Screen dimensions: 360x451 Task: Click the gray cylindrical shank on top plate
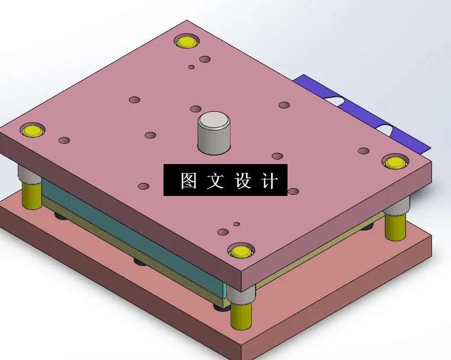pos(215,133)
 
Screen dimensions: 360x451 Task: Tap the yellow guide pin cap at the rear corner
pos(187,42)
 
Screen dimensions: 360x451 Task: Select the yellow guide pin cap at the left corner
pos(32,130)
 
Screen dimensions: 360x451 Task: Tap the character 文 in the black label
pos(216,181)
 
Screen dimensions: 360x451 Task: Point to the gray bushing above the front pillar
pos(242,294)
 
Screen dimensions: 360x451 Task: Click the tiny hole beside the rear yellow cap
pos(191,67)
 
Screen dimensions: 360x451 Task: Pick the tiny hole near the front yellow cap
pos(237,224)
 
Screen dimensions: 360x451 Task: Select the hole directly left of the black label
pos(143,186)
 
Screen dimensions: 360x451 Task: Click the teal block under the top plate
pos(133,234)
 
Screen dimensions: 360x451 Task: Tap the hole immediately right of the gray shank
pos(277,156)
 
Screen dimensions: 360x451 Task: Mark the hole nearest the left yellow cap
pos(64,141)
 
